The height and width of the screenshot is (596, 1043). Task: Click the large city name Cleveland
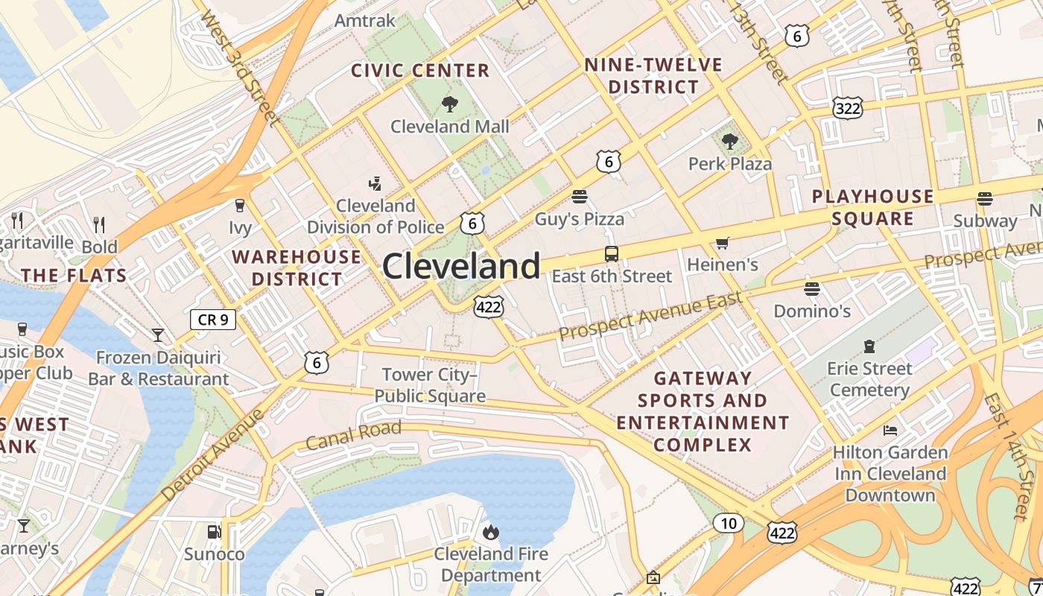(461, 266)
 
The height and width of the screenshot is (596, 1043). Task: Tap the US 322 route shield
(849, 109)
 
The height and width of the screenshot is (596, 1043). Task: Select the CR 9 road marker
(213, 320)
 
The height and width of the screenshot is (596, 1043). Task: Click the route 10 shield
(728, 523)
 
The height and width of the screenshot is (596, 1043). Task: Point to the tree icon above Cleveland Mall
(450, 104)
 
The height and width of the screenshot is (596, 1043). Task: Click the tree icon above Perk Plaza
(729, 141)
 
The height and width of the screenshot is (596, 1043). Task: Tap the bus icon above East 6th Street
(611, 254)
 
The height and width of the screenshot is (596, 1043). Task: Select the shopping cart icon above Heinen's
(722, 243)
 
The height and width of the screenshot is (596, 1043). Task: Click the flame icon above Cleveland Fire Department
(491, 532)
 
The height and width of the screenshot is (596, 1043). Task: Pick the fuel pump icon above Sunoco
(214, 532)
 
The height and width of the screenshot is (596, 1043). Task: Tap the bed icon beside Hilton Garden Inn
(890, 430)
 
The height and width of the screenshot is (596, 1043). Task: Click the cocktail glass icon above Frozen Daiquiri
(158, 335)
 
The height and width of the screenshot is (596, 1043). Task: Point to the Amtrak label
(365, 20)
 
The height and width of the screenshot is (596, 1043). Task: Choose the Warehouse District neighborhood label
(297, 268)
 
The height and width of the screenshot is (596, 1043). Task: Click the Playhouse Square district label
(872, 207)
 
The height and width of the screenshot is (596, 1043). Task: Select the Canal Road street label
(353, 434)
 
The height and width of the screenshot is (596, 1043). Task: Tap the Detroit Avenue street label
(212, 454)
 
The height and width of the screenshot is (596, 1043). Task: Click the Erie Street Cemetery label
(869, 379)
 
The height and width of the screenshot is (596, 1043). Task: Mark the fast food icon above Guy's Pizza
(580, 197)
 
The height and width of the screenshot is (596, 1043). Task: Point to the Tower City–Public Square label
(430, 385)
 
